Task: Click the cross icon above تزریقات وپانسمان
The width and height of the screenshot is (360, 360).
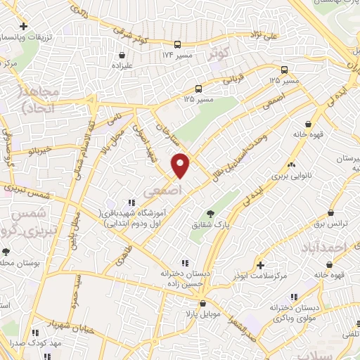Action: coord(25,25)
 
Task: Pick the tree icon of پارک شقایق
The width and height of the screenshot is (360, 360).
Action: coord(210,214)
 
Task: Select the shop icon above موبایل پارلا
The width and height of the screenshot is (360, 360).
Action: coord(202,303)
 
